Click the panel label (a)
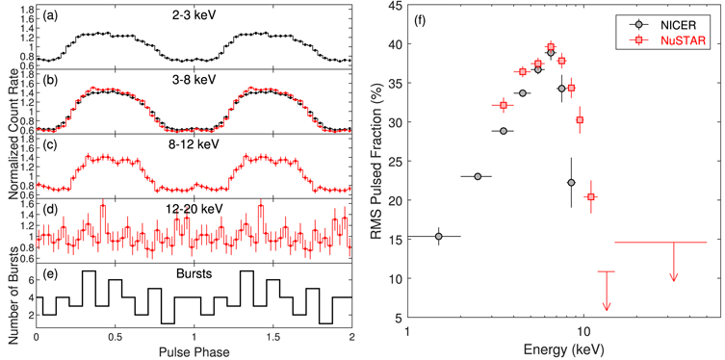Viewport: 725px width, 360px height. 46,13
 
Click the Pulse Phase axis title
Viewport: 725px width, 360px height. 194,351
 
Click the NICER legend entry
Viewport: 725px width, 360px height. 668,19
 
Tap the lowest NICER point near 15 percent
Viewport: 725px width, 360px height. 439,236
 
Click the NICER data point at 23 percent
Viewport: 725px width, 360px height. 478,176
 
